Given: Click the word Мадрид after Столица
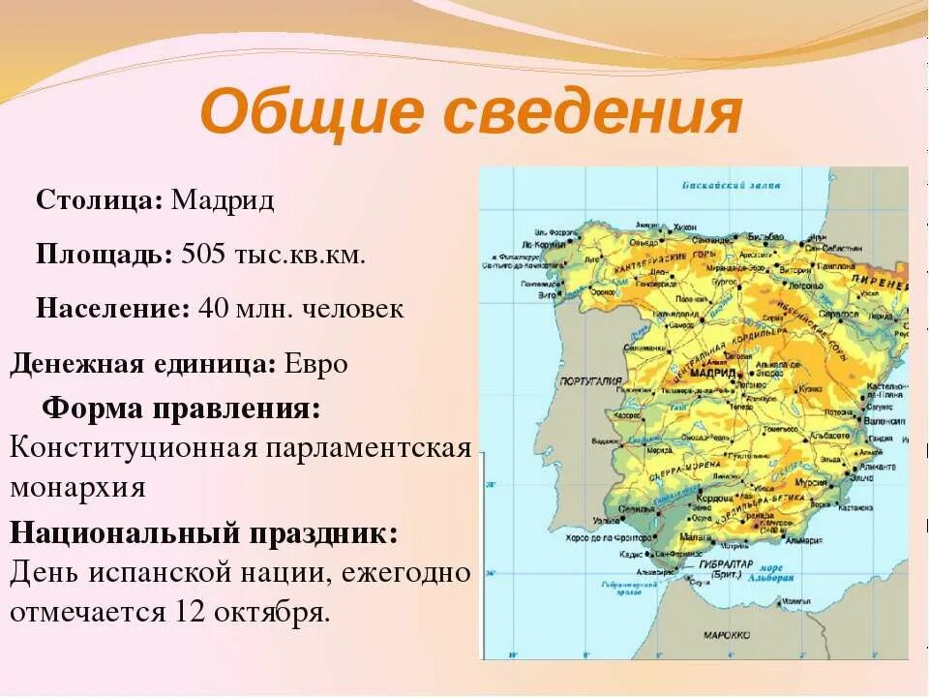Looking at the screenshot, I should point(223,200).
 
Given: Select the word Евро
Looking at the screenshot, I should point(316,364).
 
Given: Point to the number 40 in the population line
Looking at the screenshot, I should point(212,309).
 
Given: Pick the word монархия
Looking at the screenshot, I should point(77,486).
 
